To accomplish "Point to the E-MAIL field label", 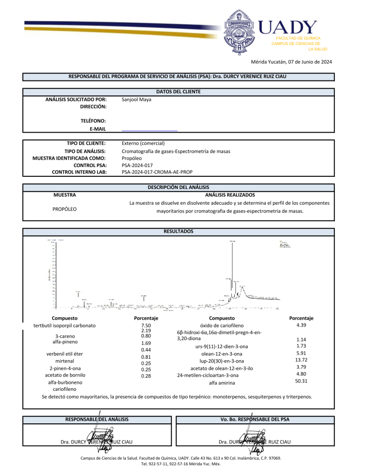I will [99, 128].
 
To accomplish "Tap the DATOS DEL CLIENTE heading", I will [178, 92].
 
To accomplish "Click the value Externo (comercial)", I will [143, 143].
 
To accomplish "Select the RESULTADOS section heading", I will [178, 231].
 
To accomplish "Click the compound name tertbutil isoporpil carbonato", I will [65, 325].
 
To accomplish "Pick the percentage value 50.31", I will [301, 381].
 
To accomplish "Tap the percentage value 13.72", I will [301, 360].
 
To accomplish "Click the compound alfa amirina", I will [222, 382].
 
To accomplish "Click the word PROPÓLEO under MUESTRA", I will [65, 209].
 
